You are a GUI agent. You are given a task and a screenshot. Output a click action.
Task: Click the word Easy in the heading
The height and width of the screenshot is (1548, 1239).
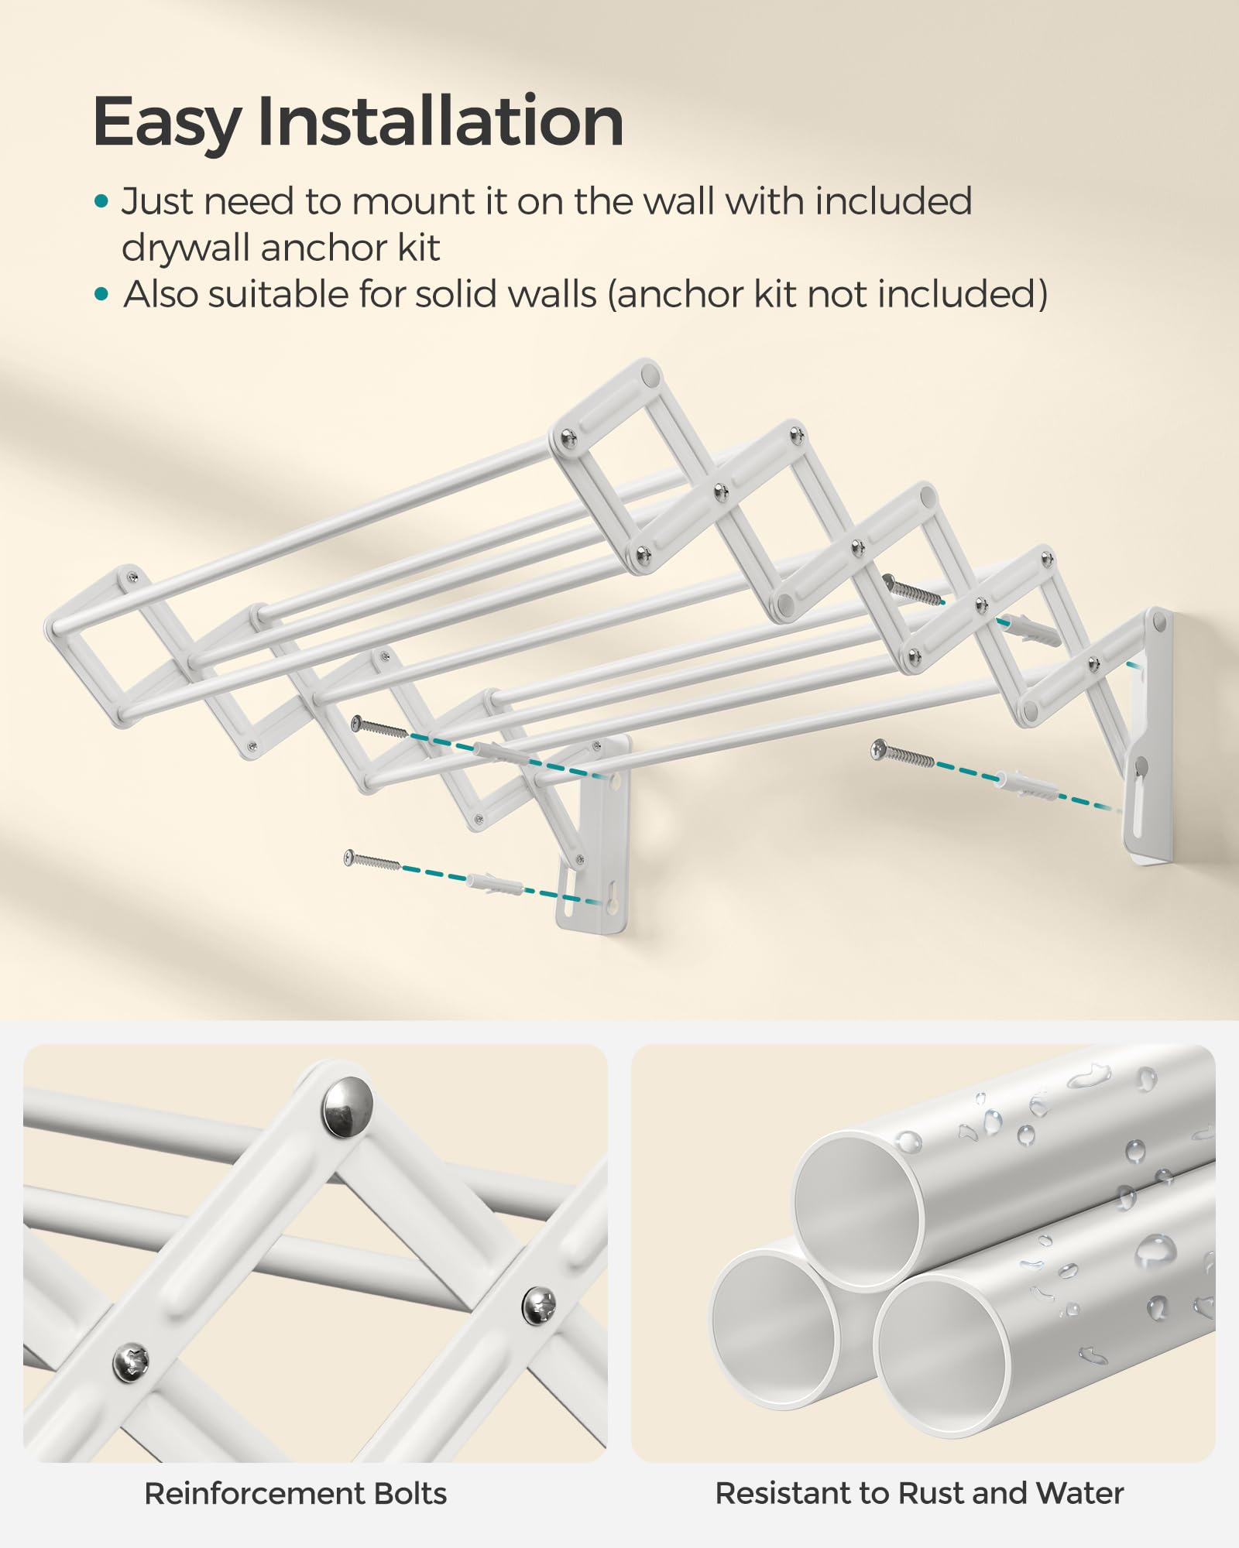click(166, 122)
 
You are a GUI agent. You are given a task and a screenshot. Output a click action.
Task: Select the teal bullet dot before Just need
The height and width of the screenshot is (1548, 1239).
click(101, 203)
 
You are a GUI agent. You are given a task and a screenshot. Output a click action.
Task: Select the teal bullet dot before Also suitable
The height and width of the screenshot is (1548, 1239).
click(101, 295)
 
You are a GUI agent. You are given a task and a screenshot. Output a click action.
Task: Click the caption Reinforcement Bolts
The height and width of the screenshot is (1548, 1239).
click(295, 1494)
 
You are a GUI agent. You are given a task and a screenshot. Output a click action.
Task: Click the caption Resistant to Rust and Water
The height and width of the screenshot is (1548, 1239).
click(919, 1494)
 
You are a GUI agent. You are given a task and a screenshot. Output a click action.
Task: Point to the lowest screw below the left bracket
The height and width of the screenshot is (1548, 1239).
click(372, 861)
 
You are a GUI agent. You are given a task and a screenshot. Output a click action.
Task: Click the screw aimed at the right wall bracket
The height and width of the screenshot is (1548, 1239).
click(902, 754)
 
